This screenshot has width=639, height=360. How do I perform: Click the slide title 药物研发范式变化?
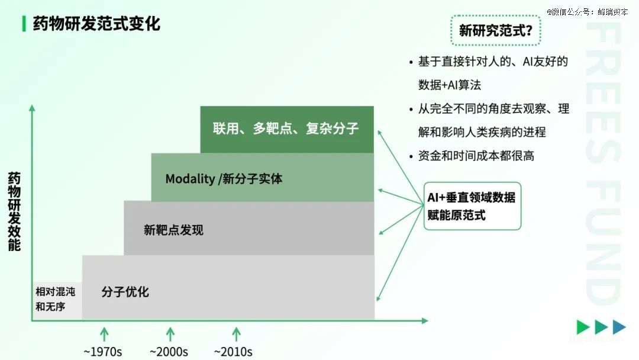pyautogui.click(x=96, y=24)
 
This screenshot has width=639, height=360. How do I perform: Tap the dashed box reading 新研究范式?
pyautogui.click(x=495, y=31)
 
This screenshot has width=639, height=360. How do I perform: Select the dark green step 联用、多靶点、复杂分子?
pyautogui.click(x=286, y=128)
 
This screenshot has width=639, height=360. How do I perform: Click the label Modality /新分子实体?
pyautogui.click(x=224, y=178)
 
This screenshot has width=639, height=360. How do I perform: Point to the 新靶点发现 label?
pyautogui.click(x=173, y=230)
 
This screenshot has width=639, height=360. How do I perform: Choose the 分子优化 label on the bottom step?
pyautogui.click(x=125, y=291)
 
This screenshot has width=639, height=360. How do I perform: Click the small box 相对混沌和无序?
pyautogui.click(x=57, y=299)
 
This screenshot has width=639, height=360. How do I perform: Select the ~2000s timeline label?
pyautogui.click(x=169, y=351)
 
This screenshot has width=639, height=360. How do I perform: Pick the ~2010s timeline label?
pyautogui.click(x=233, y=351)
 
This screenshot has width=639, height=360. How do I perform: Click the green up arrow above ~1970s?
pyautogui.click(x=104, y=333)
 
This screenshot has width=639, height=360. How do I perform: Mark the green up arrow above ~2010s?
pyautogui.click(x=236, y=333)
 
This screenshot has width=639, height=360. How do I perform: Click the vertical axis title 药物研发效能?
pyautogui.click(x=14, y=211)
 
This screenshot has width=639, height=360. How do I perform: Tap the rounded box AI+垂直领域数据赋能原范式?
pyautogui.click(x=472, y=206)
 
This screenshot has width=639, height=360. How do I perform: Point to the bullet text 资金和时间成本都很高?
pyautogui.click(x=476, y=156)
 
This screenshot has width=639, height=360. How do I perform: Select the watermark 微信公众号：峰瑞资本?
pyautogui.click(x=587, y=12)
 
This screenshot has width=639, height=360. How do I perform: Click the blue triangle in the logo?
pyautogui.click(x=619, y=327)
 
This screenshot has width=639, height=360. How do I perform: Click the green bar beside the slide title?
pyautogui.click(x=23, y=24)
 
